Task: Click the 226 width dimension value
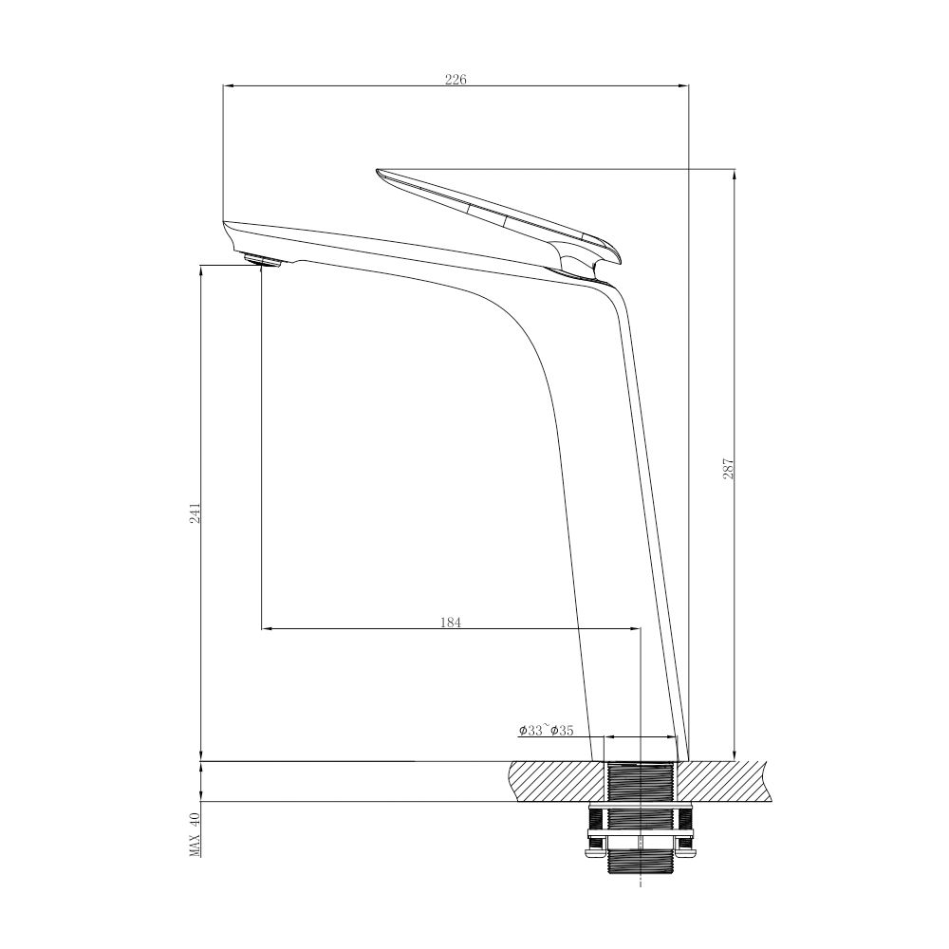pos(456,80)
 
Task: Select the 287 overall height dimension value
pos(729,467)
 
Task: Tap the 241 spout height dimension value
pos(195,512)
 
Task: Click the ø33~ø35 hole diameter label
pos(546,731)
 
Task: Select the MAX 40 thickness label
pos(195,834)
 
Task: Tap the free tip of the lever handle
pos(380,173)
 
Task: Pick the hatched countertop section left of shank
pos(556,781)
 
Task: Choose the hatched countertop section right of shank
pos(726,781)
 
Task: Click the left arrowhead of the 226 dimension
pos(227,86)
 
